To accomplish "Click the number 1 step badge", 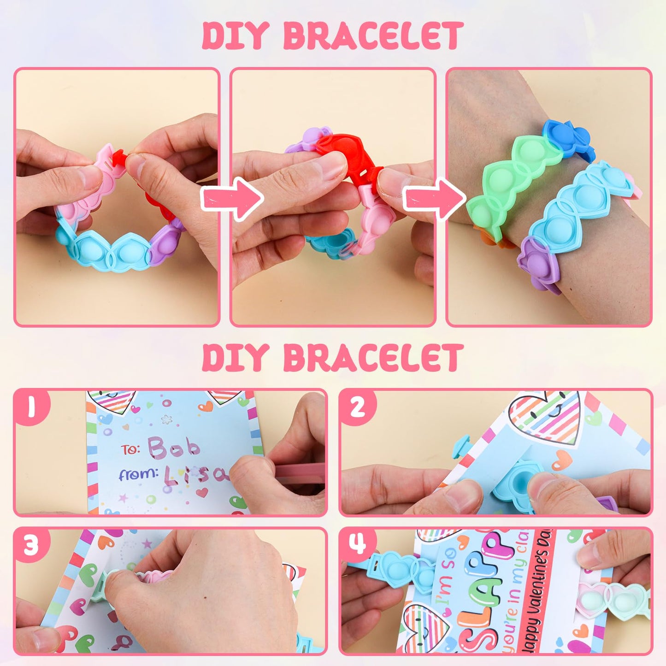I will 31,407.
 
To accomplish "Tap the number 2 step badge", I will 358,407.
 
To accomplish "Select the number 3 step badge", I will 31,545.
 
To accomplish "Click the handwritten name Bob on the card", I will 174,447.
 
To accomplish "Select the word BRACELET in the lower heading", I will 372,358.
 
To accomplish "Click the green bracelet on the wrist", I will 512,184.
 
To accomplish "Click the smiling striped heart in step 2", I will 546,417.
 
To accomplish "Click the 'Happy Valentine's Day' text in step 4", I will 539,595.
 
